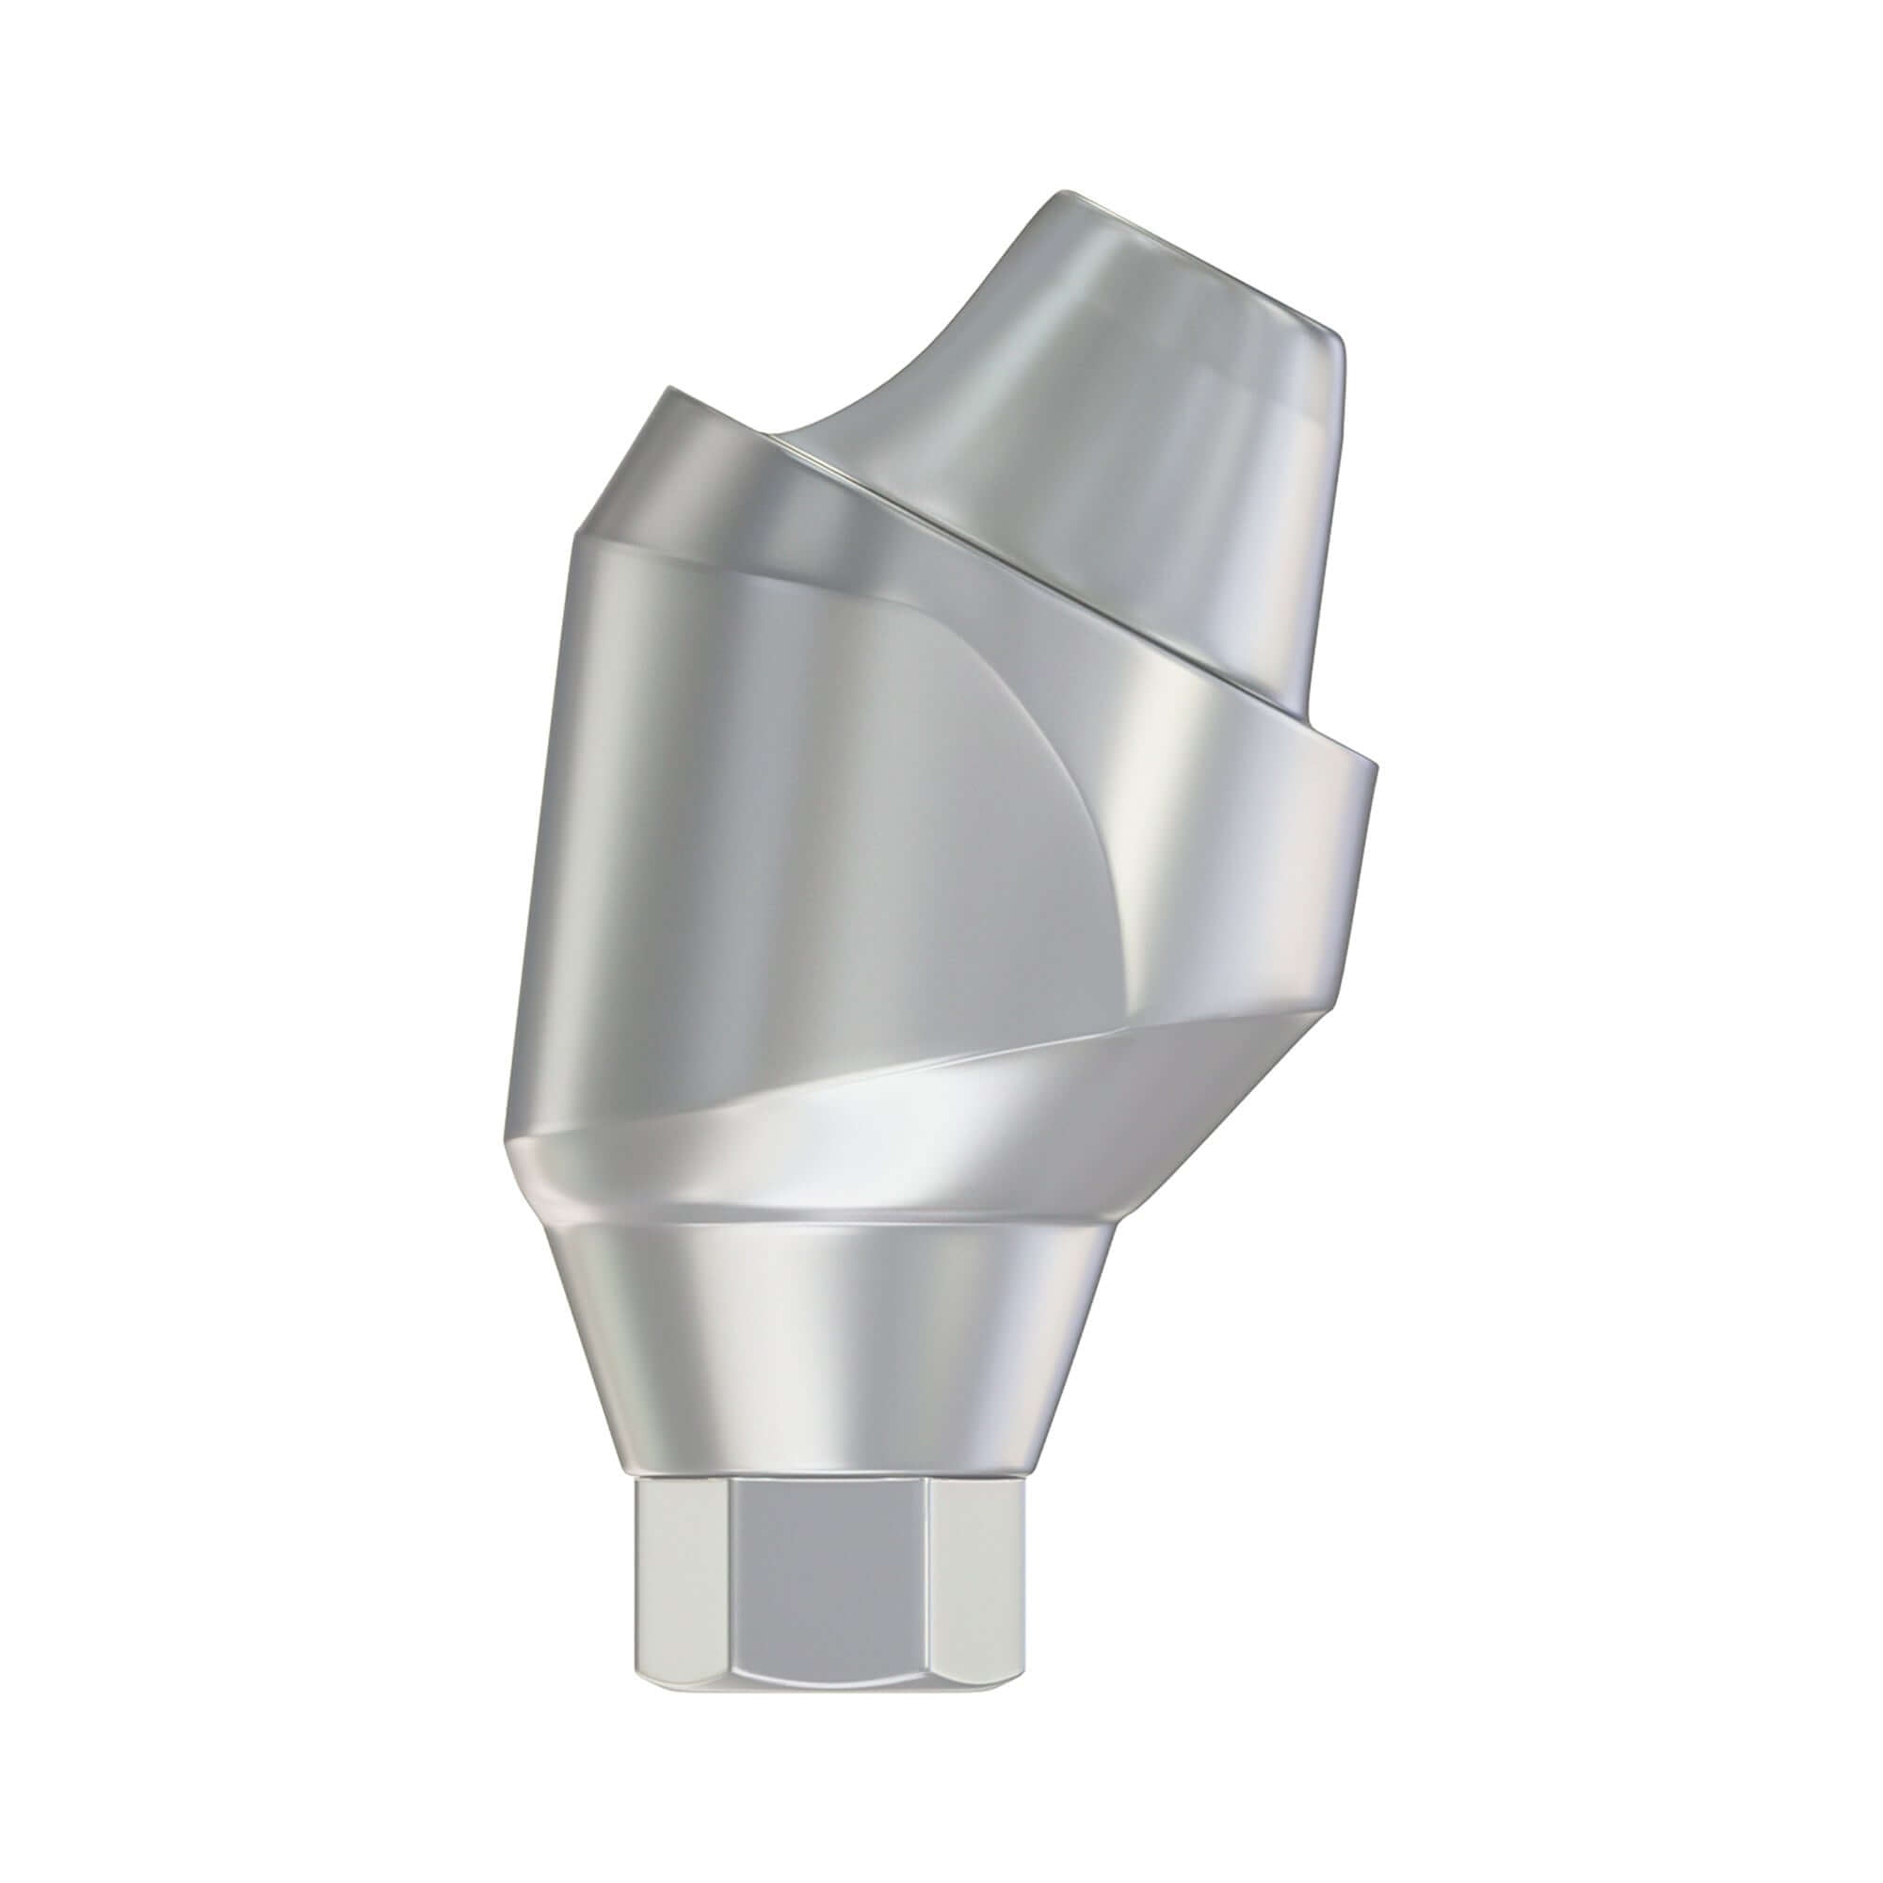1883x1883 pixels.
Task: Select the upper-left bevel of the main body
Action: (x=624, y=468)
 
